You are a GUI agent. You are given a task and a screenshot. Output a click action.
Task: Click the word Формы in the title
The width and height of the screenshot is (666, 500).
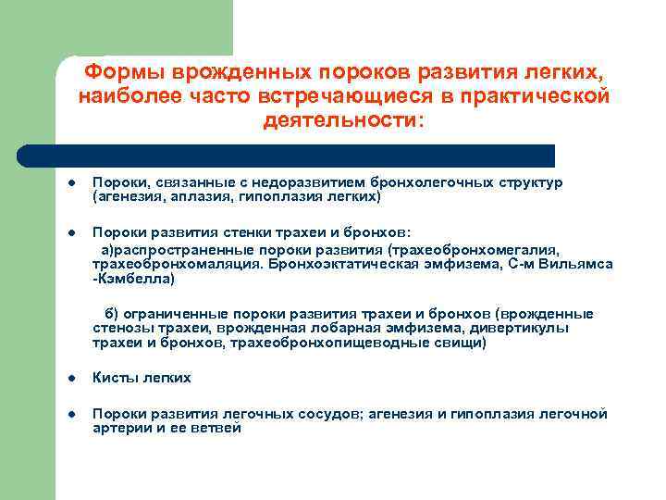(x=122, y=72)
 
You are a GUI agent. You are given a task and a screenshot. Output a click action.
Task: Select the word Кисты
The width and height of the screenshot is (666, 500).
(x=114, y=378)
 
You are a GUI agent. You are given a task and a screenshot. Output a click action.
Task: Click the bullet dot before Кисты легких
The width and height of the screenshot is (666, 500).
(x=70, y=378)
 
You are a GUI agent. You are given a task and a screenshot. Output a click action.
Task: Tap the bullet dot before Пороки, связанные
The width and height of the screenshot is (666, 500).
(x=70, y=183)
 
